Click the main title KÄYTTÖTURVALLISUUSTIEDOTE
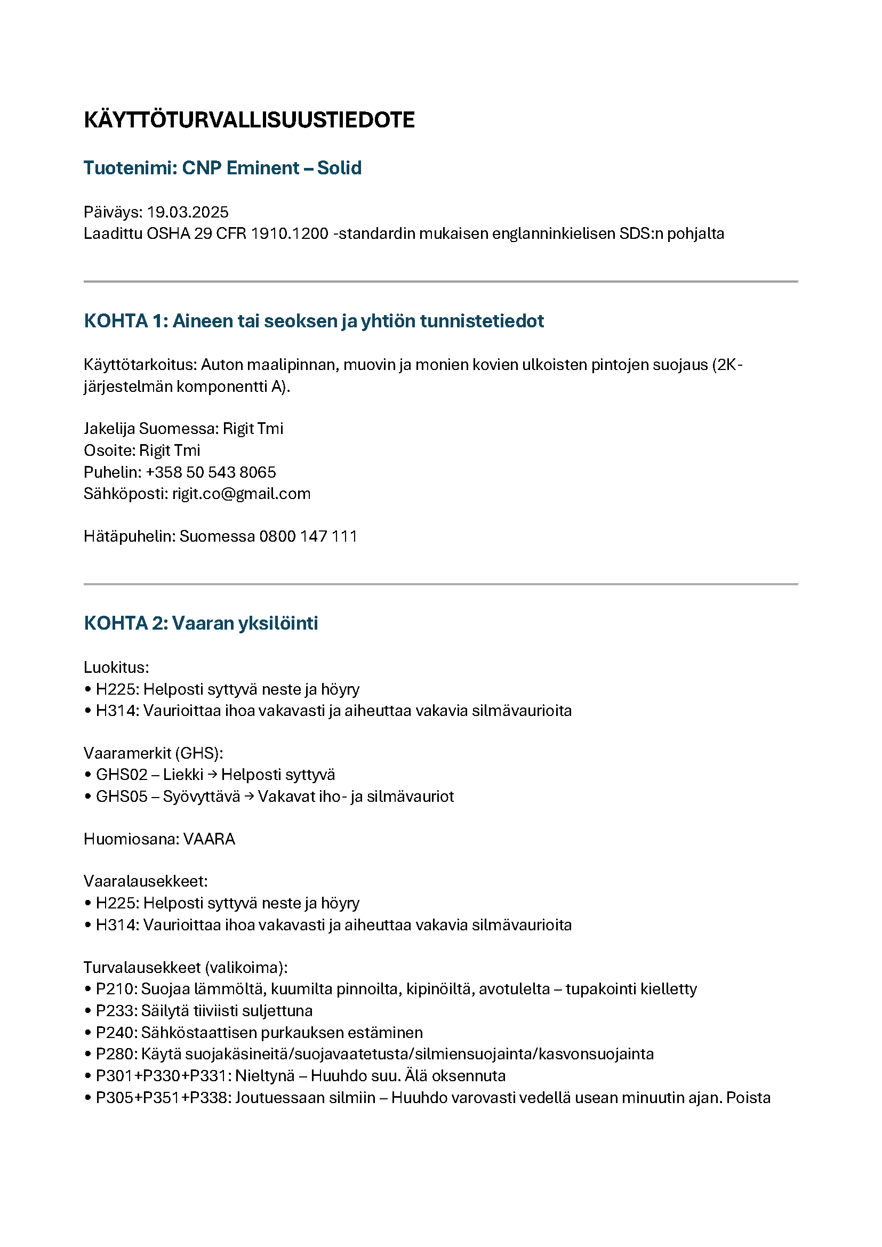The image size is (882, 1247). (248, 120)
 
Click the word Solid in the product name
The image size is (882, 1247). (339, 168)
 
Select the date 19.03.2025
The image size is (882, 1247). (188, 212)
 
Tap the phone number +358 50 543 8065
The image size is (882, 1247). (211, 472)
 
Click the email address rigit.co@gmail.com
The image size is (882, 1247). (241, 494)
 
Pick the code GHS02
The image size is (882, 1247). (122, 775)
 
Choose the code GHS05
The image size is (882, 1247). (122, 796)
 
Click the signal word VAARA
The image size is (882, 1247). (209, 839)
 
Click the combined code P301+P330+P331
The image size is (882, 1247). (163, 1076)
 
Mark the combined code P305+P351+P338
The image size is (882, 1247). (163, 1098)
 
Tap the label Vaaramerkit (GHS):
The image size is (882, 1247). (153, 753)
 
